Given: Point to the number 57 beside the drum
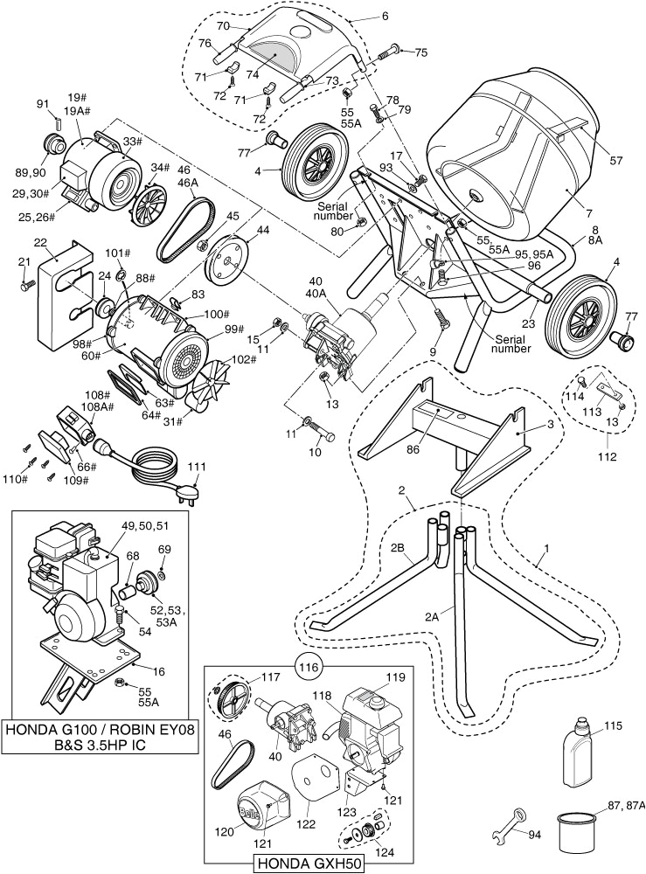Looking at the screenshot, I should [x=616, y=160].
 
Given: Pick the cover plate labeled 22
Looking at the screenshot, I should [x=57, y=288].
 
